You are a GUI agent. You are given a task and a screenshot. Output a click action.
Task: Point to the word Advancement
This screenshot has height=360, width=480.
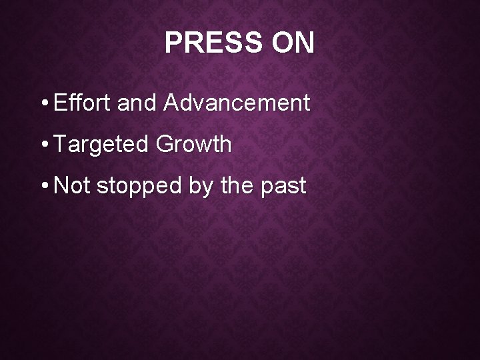coord(236,103)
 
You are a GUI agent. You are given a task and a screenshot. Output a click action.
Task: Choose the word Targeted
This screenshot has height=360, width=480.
coord(101,145)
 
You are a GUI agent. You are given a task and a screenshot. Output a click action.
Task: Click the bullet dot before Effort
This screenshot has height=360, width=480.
coord(43,105)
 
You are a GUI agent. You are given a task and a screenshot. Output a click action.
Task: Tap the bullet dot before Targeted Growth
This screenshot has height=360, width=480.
coord(43,146)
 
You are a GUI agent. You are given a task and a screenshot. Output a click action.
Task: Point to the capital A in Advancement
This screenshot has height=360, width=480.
coord(169,103)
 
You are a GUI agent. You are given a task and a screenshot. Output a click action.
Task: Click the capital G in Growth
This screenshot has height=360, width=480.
coord(164,145)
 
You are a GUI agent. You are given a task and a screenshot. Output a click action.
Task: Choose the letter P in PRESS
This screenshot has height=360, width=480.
coord(172,43)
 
